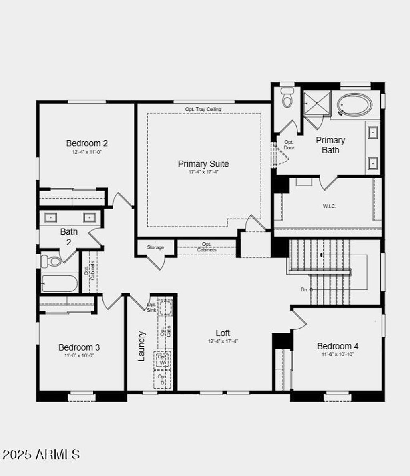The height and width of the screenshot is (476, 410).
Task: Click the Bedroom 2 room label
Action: coord(87,143)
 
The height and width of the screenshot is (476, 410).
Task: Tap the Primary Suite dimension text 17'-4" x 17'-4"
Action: coord(203,172)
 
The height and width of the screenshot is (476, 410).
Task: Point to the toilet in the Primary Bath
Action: coord(287,98)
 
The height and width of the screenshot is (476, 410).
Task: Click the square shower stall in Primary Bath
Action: coord(316,104)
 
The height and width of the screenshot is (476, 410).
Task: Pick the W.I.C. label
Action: coord(329,206)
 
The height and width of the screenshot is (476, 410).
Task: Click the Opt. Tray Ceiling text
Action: coord(203,109)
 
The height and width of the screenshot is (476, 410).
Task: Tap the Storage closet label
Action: coord(155,247)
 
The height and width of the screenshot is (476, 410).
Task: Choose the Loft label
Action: coord(223,333)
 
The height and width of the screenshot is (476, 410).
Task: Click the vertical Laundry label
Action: coord(141,346)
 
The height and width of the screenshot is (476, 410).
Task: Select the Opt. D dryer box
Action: coord(162,380)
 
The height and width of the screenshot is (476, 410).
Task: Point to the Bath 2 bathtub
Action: coord(60,283)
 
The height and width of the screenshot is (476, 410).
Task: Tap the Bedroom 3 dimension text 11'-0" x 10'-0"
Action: coord(79,355)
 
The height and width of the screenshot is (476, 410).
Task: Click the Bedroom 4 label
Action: coord(338,346)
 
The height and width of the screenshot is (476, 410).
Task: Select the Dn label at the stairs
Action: coord(304,289)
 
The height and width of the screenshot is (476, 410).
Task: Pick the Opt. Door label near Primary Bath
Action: coord(289,145)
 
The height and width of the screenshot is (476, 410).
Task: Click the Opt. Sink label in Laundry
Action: coord(151,307)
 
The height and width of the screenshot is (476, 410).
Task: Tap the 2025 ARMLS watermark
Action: coord(41,454)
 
